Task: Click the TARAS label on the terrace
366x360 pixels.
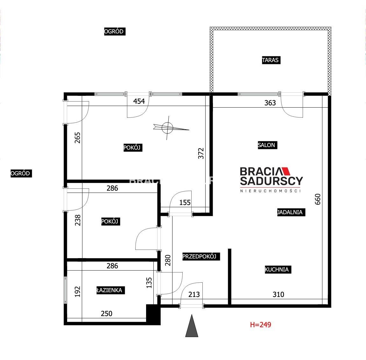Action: (x=271, y=60)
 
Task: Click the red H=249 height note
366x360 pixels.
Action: (x=260, y=325)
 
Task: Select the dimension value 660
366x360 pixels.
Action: (x=318, y=199)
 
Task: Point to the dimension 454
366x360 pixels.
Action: (x=139, y=101)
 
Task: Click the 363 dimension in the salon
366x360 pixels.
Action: (x=270, y=103)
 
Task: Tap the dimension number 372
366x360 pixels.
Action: (x=201, y=153)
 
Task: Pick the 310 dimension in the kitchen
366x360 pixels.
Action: (x=278, y=294)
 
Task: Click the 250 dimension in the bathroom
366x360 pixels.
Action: (x=106, y=313)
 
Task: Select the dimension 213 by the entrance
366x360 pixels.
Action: (x=194, y=294)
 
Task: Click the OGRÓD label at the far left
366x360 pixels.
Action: (x=21, y=173)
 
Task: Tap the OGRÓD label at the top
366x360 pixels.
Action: (x=115, y=31)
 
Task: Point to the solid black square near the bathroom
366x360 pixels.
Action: (x=153, y=314)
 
